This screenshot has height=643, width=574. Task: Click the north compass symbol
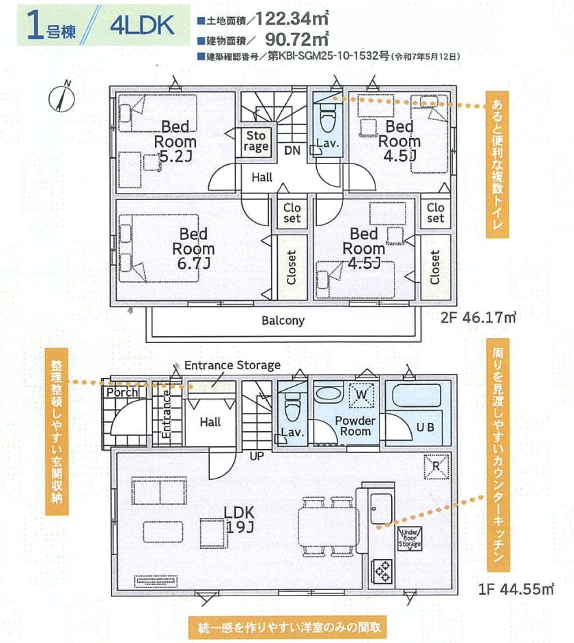click(x=62, y=96)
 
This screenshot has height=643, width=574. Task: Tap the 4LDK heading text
click(x=142, y=26)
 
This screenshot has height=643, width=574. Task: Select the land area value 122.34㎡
click(x=292, y=19)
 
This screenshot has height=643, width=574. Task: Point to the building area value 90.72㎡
click(x=297, y=39)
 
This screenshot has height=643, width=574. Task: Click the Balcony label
click(x=283, y=320)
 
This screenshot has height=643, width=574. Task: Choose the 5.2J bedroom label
click(x=175, y=142)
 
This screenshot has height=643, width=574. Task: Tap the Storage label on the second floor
click(x=256, y=141)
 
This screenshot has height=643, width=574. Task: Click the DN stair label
click(x=292, y=150)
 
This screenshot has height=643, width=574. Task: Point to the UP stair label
click(x=257, y=456)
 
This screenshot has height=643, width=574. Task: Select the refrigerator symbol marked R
click(x=436, y=467)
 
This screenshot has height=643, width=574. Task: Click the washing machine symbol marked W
click(x=362, y=395)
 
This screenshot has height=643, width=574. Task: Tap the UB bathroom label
click(x=425, y=427)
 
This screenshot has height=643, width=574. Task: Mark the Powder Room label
click(x=355, y=426)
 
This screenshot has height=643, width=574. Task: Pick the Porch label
click(x=122, y=393)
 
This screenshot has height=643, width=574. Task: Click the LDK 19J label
click(x=239, y=520)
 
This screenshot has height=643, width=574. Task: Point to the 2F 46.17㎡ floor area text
click(x=478, y=317)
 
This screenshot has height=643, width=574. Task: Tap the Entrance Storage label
click(x=233, y=365)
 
